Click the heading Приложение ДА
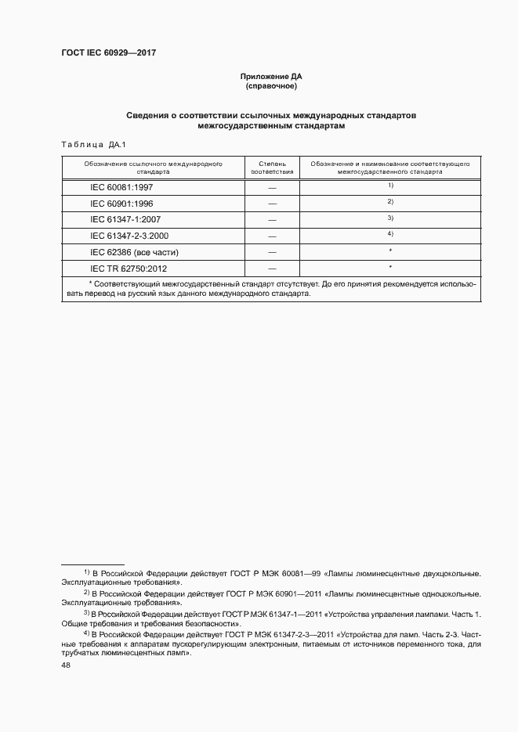270,77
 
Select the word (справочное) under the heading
270,86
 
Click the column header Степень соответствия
272,168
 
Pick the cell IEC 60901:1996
121,203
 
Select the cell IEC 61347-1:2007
125,219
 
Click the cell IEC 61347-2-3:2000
129,236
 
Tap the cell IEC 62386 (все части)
135,252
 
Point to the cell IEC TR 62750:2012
129,269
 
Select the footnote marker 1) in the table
389,185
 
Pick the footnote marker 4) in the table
389,234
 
